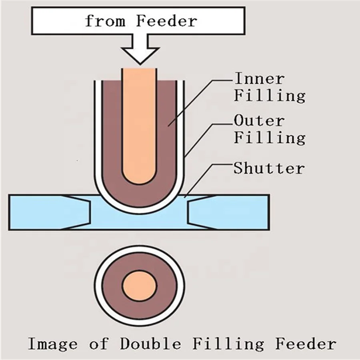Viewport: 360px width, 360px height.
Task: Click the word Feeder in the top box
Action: [166, 20]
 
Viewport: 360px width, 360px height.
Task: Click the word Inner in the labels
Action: [259, 78]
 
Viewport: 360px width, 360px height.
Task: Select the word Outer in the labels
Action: [259, 120]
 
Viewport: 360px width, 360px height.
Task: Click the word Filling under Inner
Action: [269, 96]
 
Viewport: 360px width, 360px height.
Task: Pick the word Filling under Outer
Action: [269, 138]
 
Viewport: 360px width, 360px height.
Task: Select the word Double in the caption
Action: [150, 344]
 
